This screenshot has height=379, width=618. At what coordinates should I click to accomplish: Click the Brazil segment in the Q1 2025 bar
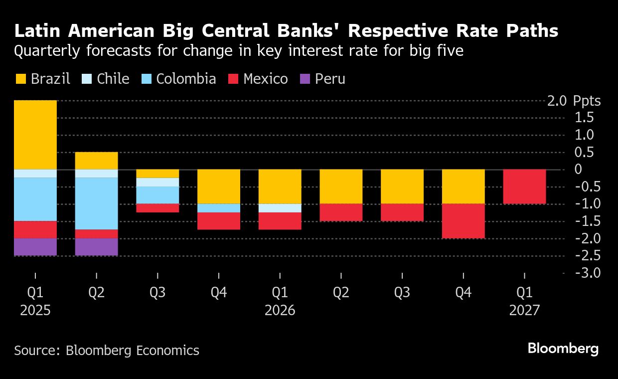coord(35,135)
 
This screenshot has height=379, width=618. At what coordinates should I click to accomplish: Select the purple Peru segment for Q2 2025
coord(96,247)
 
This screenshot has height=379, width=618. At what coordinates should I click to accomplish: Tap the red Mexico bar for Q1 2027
coord(524,187)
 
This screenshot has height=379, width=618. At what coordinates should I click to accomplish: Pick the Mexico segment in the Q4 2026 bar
coord(463,221)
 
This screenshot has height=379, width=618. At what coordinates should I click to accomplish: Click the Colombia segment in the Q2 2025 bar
coord(96,203)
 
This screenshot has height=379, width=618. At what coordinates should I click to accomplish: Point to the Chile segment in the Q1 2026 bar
coord(280,208)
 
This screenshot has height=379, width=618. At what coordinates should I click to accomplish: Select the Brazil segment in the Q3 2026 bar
coord(402,187)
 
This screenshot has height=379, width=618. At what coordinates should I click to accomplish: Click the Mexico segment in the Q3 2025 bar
coord(157,208)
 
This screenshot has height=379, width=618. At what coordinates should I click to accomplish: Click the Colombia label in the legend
coord(186,79)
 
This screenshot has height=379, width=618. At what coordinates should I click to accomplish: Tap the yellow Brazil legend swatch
coord(20,79)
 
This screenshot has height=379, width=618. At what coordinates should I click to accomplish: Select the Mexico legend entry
coord(266,79)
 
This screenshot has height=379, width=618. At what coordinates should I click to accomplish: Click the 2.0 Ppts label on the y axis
coord(574,101)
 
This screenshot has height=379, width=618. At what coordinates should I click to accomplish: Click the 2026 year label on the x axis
coord(280,311)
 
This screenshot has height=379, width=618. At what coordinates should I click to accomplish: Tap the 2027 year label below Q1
coord(524,311)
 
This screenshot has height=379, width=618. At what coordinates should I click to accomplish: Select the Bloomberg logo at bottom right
coord(563,349)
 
